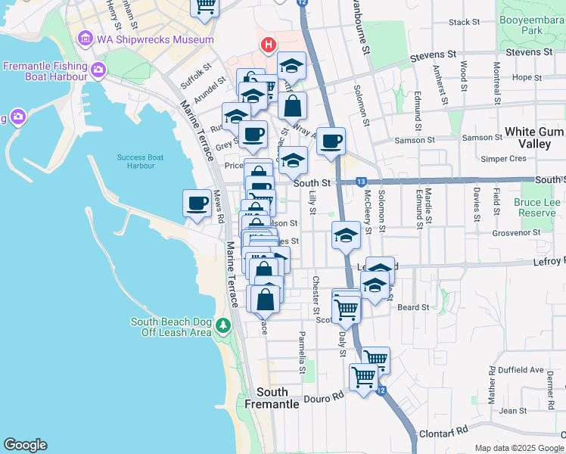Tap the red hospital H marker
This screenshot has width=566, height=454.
click(x=268, y=45)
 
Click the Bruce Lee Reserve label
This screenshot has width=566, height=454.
click(x=536, y=207)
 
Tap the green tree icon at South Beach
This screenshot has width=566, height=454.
click(x=222, y=325)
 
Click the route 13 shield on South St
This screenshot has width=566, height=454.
click(x=361, y=182)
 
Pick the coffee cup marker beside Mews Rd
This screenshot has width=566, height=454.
click(x=197, y=204)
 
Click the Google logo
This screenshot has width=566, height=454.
click(x=25, y=445)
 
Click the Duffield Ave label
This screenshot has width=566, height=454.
click(x=525, y=371)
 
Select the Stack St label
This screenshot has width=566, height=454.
click(x=461, y=23)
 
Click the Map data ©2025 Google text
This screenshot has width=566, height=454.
click(x=518, y=448)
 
